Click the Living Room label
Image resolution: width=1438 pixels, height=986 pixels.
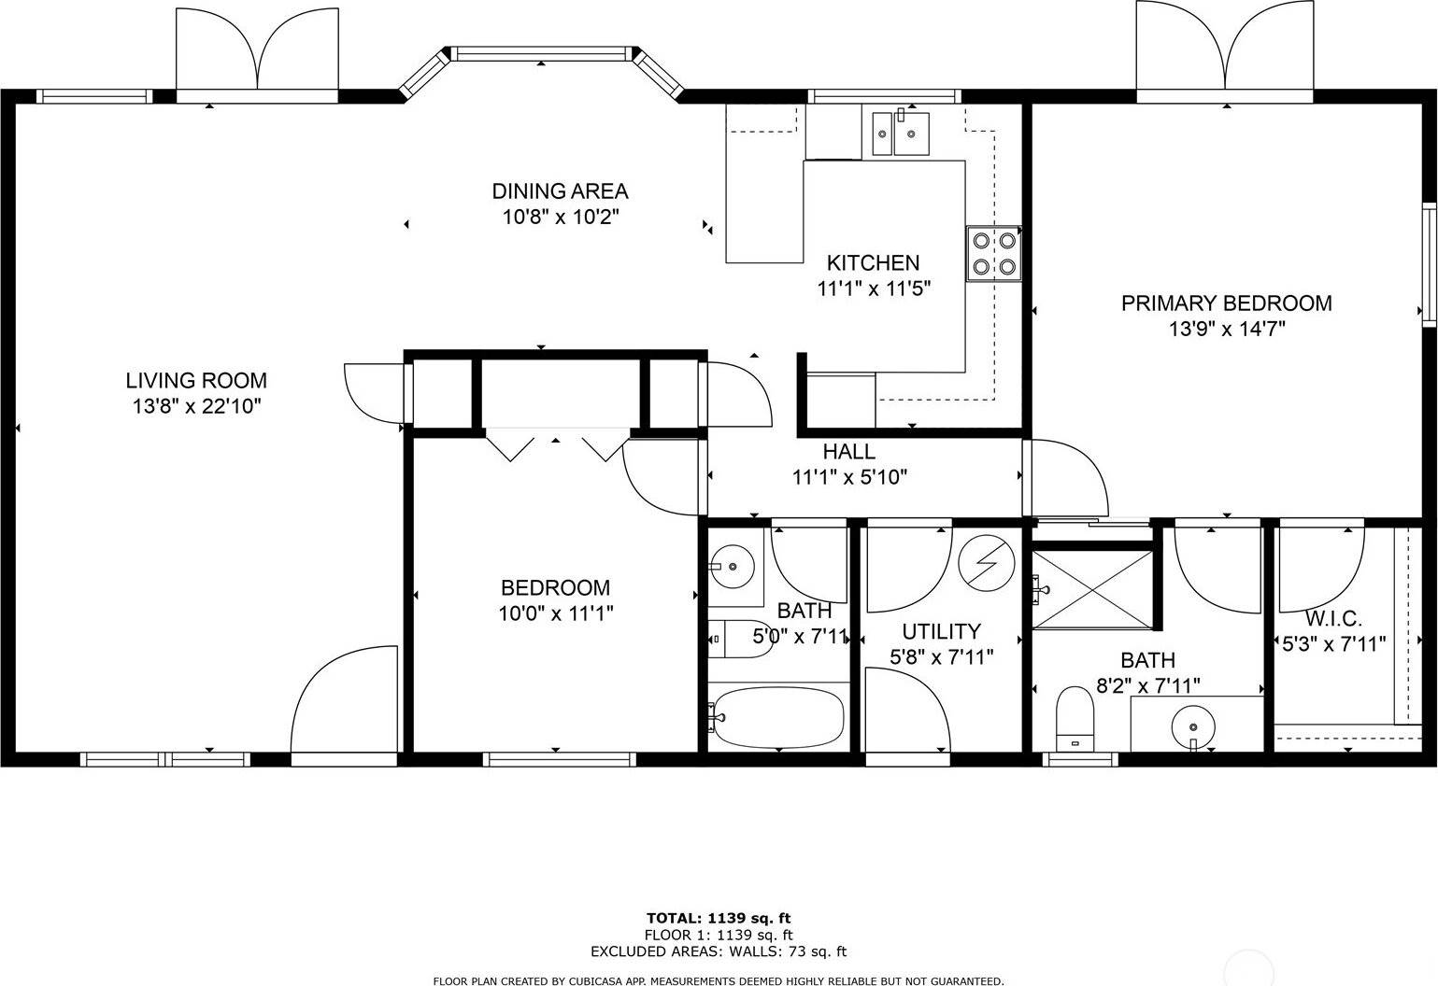pyautogui.click(x=196, y=381)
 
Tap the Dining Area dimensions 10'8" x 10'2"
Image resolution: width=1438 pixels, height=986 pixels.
pyautogui.click(x=560, y=218)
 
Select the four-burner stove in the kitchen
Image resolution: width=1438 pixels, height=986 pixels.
pyautogui.click(x=993, y=253)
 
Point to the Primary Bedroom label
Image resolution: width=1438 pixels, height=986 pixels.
pyautogui.click(x=1226, y=303)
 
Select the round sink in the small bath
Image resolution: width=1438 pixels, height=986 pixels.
pyautogui.click(x=733, y=565)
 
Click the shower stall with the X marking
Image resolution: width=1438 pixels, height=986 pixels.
pyautogui.click(x=1091, y=589)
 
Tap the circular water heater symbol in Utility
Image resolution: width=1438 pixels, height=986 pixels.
pyautogui.click(x=986, y=563)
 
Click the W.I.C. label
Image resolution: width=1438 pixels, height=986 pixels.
pyautogui.click(x=1332, y=618)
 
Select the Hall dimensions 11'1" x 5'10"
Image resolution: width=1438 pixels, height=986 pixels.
pyautogui.click(x=849, y=477)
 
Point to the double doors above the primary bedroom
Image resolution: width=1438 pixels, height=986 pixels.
pyautogui.click(x=1224, y=51)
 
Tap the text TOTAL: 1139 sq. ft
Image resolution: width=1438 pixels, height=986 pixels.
pyautogui.click(x=719, y=918)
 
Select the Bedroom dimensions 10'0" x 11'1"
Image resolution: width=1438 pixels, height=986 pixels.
pyautogui.click(x=555, y=613)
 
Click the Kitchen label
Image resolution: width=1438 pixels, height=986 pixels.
pyautogui.click(x=873, y=263)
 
